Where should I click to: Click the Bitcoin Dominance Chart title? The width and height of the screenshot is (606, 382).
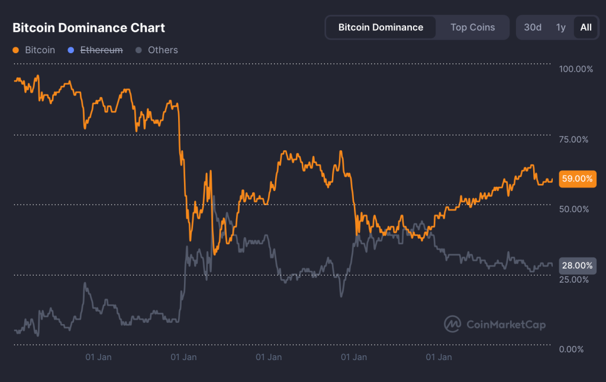click(x=89, y=28)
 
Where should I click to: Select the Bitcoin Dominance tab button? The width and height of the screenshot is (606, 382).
click(x=381, y=27)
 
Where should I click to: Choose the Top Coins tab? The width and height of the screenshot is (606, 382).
click(x=472, y=27)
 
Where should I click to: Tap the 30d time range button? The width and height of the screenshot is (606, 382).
click(x=533, y=27)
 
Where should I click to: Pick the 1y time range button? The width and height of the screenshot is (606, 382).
click(x=560, y=27)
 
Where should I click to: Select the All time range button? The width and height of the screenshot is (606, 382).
click(x=586, y=27)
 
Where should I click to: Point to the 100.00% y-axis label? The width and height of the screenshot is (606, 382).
click(x=576, y=69)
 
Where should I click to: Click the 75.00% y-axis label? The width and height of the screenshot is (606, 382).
click(x=573, y=140)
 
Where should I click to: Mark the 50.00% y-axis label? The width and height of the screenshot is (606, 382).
click(x=573, y=209)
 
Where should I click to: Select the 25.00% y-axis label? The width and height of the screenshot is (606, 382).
click(x=573, y=279)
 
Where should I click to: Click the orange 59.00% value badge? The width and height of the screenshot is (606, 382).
click(x=577, y=179)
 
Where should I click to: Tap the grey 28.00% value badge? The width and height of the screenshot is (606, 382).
click(x=577, y=266)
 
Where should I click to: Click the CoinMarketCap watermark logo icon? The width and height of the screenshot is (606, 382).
click(x=453, y=324)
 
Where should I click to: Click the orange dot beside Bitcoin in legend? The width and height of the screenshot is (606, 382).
click(x=16, y=50)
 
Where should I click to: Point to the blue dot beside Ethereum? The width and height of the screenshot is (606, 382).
click(x=71, y=50)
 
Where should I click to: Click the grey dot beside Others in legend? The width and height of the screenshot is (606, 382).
click(x=139, y=50)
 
